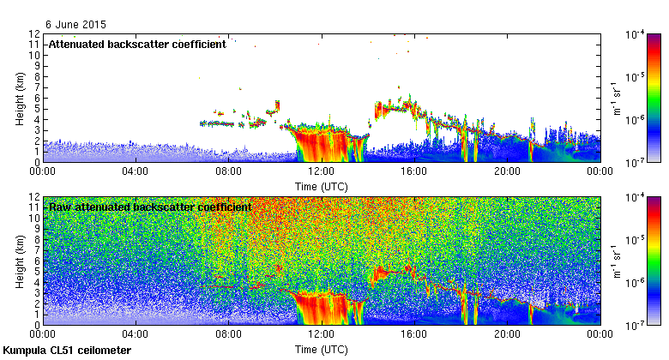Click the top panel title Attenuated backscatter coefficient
(x=137, y=44)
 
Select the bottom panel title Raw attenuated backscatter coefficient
(x=150, y=207)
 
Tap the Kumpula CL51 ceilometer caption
(x=67, y=351)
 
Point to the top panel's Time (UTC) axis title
(x=321, y=185)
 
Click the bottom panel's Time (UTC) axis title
(x=321, y=350)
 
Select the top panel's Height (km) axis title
(x=20, y=98)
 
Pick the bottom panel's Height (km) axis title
(x=20, y=261)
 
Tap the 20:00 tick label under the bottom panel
(x=507, y=335)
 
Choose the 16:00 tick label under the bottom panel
(x=414, y=335)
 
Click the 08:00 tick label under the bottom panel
(x=228, y=335)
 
